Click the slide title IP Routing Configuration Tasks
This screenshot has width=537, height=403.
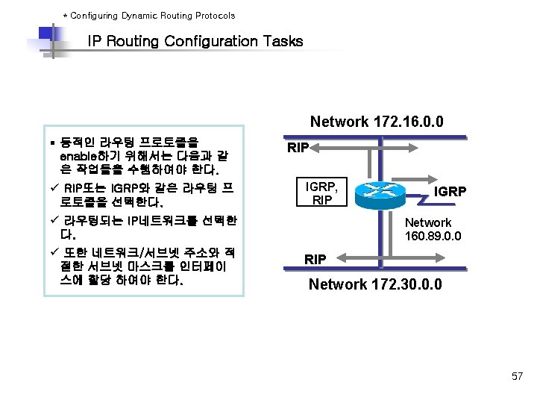tap(195, 41)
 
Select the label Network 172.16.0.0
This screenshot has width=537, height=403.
tap(377, 122)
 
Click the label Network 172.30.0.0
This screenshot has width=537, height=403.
tap(375, 284)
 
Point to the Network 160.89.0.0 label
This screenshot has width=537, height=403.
tap(433, 229)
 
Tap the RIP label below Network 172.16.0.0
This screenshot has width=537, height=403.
tap(298, 148)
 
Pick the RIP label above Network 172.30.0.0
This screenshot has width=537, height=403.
tap(315, 259)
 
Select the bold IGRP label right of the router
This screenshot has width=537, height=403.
tap(450, 192)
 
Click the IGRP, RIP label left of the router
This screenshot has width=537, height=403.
tap(322, 193)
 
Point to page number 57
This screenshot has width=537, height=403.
tap(517, 375)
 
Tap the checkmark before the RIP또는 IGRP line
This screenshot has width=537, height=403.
tap(53, 187)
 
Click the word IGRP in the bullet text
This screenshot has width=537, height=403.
tap(125, 187)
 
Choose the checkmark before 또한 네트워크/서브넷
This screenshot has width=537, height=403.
tap(53, 252)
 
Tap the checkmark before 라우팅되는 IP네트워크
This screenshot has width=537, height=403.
tap(53, 220)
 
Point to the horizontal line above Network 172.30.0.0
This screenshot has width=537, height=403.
tap(388, 267)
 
